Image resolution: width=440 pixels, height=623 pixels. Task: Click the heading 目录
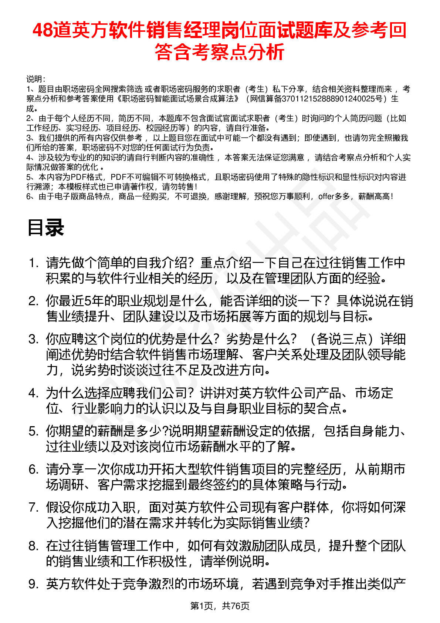click(x=45, y=228)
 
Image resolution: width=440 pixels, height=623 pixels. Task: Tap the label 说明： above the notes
click(x=36, y=79)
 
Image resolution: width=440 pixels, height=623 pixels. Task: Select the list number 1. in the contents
click(x=34, y=263)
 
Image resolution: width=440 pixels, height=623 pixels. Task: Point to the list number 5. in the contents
click(x=34, y=431)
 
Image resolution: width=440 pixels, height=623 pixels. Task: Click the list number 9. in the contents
click(x=34, y=584)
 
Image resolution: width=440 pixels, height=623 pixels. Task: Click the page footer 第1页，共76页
click(x=220, y=606)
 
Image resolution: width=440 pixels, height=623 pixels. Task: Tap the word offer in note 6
click(x=326, y=196)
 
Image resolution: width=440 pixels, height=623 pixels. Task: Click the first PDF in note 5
click(x=78, y=177)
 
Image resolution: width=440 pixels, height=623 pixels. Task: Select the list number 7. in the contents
click(x=34, y=508)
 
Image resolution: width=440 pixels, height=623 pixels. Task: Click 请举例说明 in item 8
click(x=233, y=561)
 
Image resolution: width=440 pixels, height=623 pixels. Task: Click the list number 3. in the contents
click(x=34, y=339)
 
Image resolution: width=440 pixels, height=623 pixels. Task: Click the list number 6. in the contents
click(x=34, y=469)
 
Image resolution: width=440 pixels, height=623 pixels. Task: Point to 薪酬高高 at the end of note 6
click(x=374, y=196)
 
